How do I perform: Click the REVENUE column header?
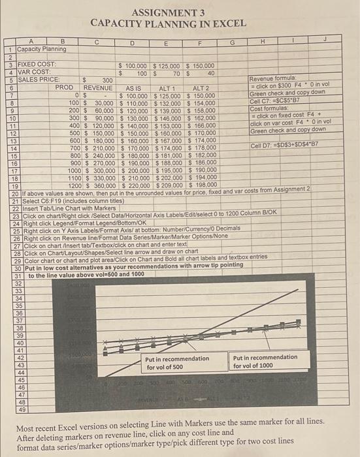(98, 87)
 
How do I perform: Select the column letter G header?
(232, 42)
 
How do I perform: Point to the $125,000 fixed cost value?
(168, 66)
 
